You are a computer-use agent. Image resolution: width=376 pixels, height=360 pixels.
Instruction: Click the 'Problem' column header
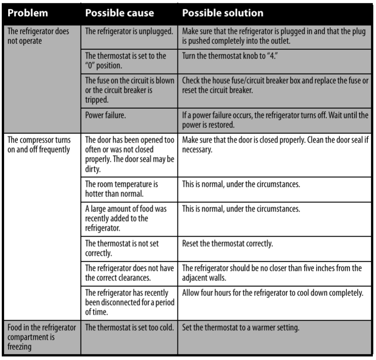point(28,13)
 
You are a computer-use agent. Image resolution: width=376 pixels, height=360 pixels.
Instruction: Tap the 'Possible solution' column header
point(222,13)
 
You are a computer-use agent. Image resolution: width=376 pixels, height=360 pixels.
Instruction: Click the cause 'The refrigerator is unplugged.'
point(129,32)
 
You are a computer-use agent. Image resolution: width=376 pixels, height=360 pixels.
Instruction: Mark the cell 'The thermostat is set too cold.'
point(129,327)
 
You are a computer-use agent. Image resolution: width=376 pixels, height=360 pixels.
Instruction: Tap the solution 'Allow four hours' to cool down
point(273,293)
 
